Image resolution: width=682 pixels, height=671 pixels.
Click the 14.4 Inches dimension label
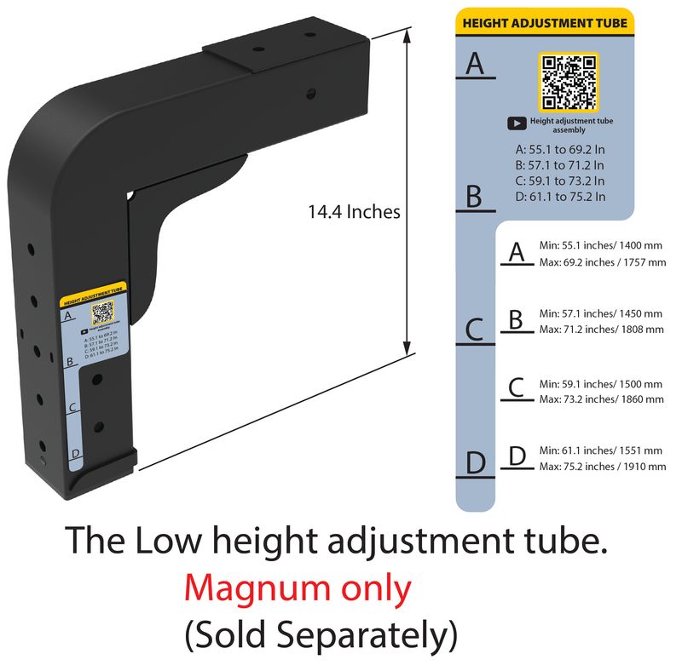pos(354,211)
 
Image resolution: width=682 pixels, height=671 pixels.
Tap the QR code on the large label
pos(569,82)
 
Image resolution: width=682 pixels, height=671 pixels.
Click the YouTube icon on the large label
pos(517,123)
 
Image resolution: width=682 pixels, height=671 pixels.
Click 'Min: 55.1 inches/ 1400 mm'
pos(601,246)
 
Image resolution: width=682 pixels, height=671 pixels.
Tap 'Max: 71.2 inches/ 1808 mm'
pos(602,329)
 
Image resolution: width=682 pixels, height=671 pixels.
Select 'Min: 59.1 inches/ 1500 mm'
pos(601,384)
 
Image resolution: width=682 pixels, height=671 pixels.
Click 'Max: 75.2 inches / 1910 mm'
pos(603,466)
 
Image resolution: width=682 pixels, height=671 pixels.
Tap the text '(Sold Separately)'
pos(321,634)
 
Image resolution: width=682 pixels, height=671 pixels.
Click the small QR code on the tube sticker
pos(103,313)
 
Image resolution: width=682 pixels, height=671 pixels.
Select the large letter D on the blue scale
pos(475,464)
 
